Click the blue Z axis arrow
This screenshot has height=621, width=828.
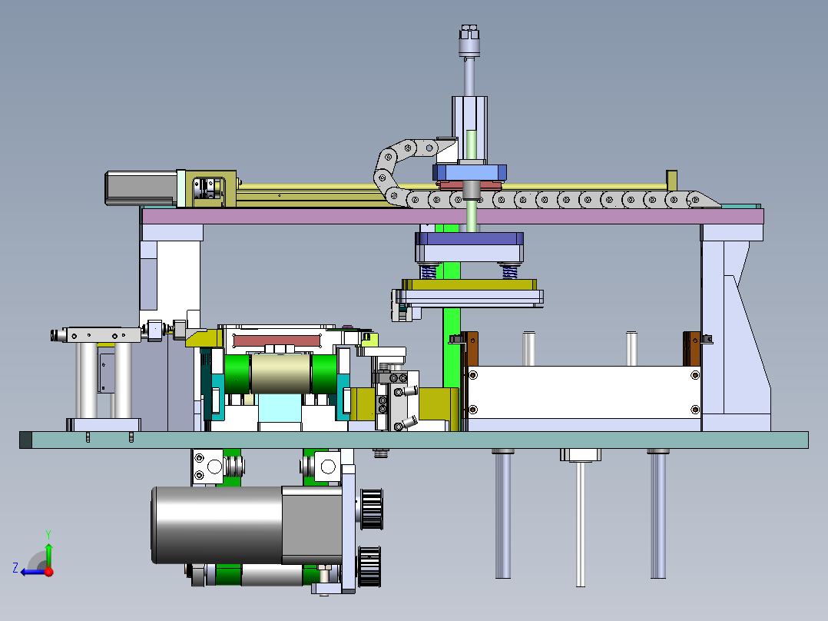[33, 571]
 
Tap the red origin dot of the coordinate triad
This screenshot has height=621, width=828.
[49, 571]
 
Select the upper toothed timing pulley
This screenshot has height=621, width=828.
[372, 509]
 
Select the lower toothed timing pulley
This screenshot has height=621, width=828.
[369, 566]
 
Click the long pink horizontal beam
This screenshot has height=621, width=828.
[452, 216]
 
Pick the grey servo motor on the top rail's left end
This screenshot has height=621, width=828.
[141, 188]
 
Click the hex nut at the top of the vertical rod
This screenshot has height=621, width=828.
[469, 32]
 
